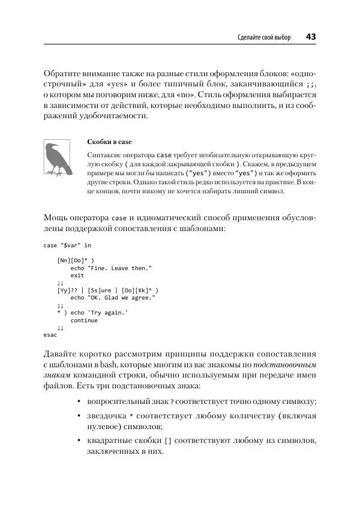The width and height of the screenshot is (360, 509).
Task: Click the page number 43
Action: pos(311,37)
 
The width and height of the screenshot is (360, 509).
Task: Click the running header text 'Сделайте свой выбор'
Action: pos(264,38)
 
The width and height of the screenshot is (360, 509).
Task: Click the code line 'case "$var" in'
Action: pos(68,245)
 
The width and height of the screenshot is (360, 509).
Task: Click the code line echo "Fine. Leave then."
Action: pos(111,268)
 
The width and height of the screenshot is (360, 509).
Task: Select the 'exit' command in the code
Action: pos(77,276)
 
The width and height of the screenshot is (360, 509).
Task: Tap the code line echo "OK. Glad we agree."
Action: pos(113,298)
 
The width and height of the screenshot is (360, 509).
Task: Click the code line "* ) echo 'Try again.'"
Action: pos(92,313)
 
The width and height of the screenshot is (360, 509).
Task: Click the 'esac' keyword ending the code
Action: pos(50,336)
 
